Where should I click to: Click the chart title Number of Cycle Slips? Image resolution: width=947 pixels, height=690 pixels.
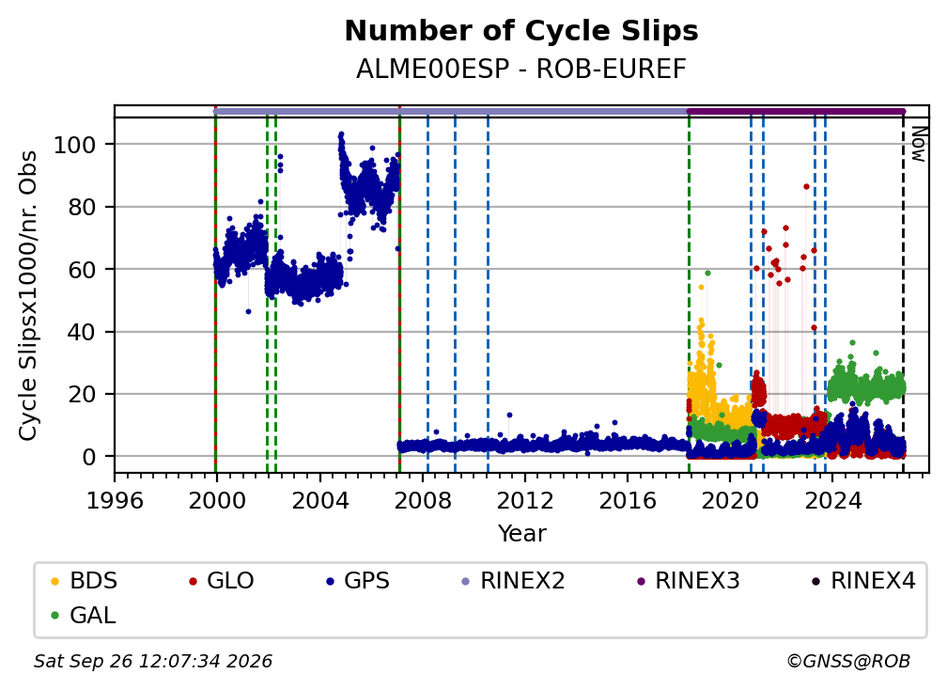(521, 31)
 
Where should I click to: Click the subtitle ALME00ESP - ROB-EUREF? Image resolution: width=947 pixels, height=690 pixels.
(521, 70)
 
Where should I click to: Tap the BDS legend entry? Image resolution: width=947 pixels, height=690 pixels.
(85, 581)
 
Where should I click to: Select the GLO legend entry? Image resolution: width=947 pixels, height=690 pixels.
(222, 581)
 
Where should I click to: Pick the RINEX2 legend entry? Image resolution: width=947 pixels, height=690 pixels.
(513, 581)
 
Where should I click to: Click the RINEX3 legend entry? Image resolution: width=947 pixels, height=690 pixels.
(689, 581)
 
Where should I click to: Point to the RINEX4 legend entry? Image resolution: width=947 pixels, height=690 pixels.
(864, 581)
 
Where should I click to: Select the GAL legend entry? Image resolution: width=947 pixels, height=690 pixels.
(84, 616)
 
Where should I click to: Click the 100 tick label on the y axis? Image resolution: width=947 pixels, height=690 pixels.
(75, 145)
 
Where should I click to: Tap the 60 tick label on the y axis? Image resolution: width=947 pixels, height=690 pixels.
(82, 270)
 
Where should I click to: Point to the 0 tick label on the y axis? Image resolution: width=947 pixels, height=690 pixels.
(89, 457)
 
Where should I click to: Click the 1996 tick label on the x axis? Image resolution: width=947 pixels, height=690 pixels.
(115, 500)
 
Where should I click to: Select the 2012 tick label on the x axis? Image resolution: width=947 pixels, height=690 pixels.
(525, 500)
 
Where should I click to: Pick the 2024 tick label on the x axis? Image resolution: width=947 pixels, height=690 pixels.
(832, 500)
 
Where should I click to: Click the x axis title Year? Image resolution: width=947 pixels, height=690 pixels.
(521, 534)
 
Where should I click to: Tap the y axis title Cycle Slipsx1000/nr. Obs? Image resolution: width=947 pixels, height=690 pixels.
(28, 295)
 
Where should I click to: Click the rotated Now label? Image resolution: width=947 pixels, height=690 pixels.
(918, 144)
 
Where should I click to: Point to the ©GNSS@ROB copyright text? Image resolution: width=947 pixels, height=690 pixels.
(848, 662)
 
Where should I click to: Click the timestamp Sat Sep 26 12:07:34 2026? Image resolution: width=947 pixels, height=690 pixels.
(153, 662)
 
